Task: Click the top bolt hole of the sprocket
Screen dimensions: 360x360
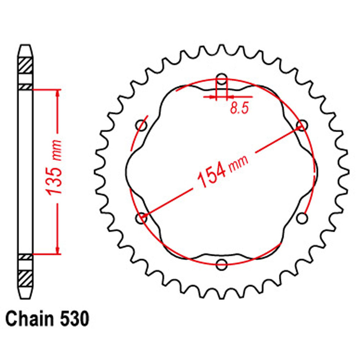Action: pos(222,79)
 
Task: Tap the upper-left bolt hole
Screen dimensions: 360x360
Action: pos(141,125)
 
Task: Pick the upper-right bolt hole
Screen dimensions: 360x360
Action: pos(302,125)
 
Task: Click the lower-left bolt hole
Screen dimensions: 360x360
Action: pos(141,218)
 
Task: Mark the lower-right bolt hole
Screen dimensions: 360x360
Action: pos(302,218)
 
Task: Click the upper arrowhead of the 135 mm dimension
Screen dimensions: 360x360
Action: pos(57,93)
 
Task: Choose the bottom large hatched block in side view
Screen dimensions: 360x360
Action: pos(26,278)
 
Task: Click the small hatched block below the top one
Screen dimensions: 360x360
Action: pos(26,87)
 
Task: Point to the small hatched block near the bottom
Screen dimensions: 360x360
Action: pos(26,257)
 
